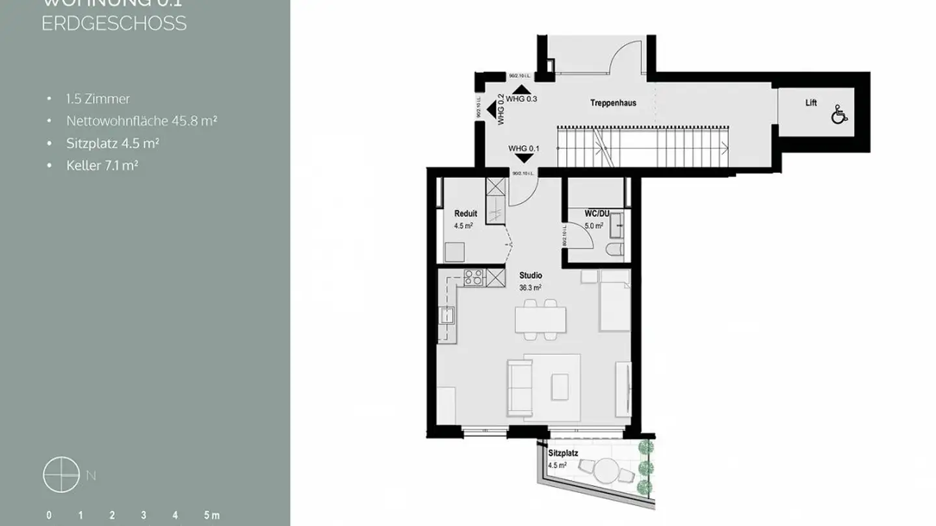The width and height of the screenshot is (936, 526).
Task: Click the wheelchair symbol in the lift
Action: pyautogui.click(x=839, y=116)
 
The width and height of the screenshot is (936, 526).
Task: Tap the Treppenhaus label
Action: pyautogui.click(x=612, y=103)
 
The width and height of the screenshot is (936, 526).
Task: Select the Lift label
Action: pyautogui.click(x=811, y=103)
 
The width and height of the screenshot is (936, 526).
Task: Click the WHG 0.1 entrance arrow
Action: pyautogui.click(x=521, y=158)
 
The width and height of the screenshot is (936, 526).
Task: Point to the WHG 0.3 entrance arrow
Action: pyautogui.click(x=521, y=90)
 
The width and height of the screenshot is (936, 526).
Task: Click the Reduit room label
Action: pyautogui.click(x=465, y=214)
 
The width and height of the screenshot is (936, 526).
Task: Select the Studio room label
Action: pyautogui.click(x=530, y=275)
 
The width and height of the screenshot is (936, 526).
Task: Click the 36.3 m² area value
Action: pyautogui.click(x=530, y=286)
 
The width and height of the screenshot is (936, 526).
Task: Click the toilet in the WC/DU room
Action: pyautogui.click(x=614, y=249)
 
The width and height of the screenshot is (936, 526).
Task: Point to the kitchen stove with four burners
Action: pyautogui.click(x=474, y=277)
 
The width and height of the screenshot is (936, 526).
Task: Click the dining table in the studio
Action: pyautogui.click(x=540, y=319)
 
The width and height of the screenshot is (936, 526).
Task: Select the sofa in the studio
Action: pyautogui.click(x=519, y=388)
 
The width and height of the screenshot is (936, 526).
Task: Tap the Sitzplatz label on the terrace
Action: pyautogui.click(x=563, y=454)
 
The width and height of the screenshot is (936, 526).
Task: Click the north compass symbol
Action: pyautogui.click(x=61, y=475)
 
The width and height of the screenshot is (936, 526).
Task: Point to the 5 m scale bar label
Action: pyautogui.click(x=211, y=516)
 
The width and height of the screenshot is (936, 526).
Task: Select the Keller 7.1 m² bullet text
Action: pyautogui.click(x=102, y=166)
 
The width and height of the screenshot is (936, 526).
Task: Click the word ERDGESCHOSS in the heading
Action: pyautogui.click(x=114, y=23)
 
